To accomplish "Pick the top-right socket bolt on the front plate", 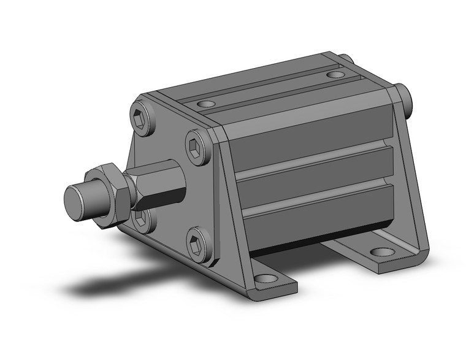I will click(x=197, y=147).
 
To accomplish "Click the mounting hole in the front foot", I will click(x=265, y=278).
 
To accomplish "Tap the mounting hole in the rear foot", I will click(x=382, y=252).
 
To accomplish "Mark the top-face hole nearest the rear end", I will click(x=335, y=75).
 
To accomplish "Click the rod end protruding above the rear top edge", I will click(x=345, y=59).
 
